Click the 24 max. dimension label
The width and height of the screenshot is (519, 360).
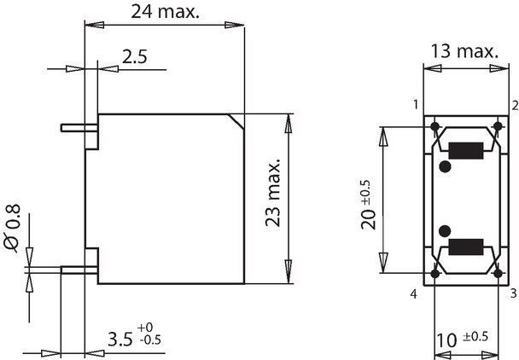(165, 12)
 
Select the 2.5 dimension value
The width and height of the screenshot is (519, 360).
(134, 56)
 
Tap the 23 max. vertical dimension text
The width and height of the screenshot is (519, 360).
(273, 193)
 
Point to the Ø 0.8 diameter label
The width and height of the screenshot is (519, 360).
(12, 229)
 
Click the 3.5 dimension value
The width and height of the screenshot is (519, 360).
(120, 340)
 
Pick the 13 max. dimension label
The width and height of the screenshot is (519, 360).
(464, 51)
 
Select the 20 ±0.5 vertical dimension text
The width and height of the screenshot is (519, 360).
(369, 205)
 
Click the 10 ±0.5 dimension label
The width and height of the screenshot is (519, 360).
(462, 340)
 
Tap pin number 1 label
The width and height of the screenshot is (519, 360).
(416, 105)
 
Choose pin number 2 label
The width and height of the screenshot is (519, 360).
(515, 106)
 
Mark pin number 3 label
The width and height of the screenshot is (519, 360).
(514, 293)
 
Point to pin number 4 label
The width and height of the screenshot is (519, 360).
(414, 293)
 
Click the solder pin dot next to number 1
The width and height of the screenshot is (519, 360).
(435, 126)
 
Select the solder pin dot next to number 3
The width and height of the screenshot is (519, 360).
(498, 274)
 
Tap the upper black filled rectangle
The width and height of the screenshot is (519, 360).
(466, 151)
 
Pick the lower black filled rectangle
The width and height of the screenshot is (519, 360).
(466, 247)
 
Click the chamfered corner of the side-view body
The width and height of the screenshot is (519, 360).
(236, 121)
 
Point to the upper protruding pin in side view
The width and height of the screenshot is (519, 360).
(79, 128)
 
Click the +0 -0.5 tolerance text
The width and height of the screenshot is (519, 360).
(149, 334)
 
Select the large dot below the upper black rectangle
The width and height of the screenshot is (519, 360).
(446, 166)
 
